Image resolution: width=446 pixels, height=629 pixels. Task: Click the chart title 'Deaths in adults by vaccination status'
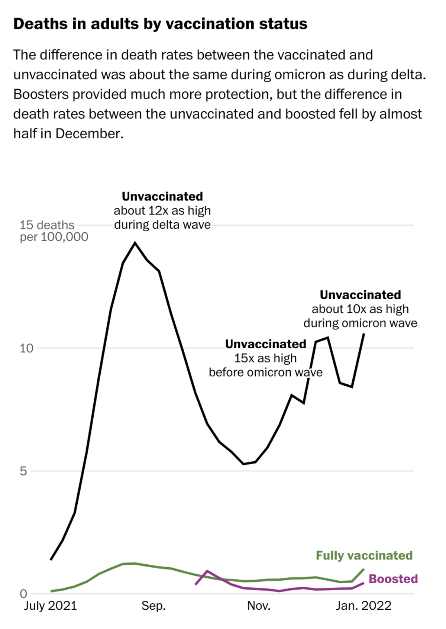point(160,24)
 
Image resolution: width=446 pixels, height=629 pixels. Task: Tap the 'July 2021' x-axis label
point(50,606)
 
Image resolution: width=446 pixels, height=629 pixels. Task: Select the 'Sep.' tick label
point(153,606)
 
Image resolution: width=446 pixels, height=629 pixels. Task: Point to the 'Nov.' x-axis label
point(259,606)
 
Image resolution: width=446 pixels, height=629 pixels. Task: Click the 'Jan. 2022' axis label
point(363,606)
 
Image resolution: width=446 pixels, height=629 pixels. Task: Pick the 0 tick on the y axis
point(23,594)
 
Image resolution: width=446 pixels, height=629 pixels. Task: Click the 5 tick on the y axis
point(23,471)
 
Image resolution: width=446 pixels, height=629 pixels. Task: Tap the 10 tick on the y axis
point(26,348)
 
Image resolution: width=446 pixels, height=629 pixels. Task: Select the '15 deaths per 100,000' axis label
point(54,231)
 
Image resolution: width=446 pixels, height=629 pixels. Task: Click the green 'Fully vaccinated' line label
point(364,555)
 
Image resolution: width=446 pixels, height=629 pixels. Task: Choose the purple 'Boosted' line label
point(393,579)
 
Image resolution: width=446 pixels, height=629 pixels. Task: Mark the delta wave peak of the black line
point(135,243)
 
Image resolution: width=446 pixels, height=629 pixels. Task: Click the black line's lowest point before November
point(243,464)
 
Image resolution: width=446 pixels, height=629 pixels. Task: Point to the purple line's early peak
point(207,571)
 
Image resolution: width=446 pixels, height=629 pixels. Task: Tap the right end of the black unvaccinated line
point(363,334)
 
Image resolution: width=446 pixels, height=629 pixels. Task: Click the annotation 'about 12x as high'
point(162,210)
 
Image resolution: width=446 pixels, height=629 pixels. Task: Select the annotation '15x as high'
point(265,358)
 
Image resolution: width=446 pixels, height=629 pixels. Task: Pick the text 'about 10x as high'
point(360,309)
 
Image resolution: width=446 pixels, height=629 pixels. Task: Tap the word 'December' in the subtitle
point(89,133)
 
